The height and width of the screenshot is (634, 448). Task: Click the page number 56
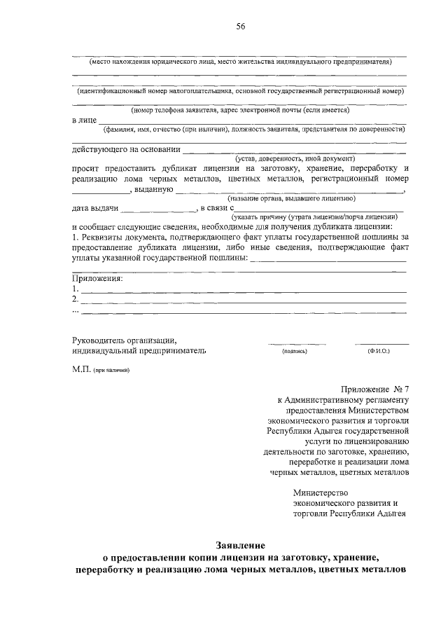coord(240,27)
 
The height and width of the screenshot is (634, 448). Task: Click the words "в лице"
coord(84,120)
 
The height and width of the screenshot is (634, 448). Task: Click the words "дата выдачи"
coord(95,208)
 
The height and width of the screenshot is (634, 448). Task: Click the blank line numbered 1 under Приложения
coord(241,289)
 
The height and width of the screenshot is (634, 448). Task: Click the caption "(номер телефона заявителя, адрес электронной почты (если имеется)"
coord(240,110)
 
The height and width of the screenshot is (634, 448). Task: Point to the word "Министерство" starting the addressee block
coord(320,492)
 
